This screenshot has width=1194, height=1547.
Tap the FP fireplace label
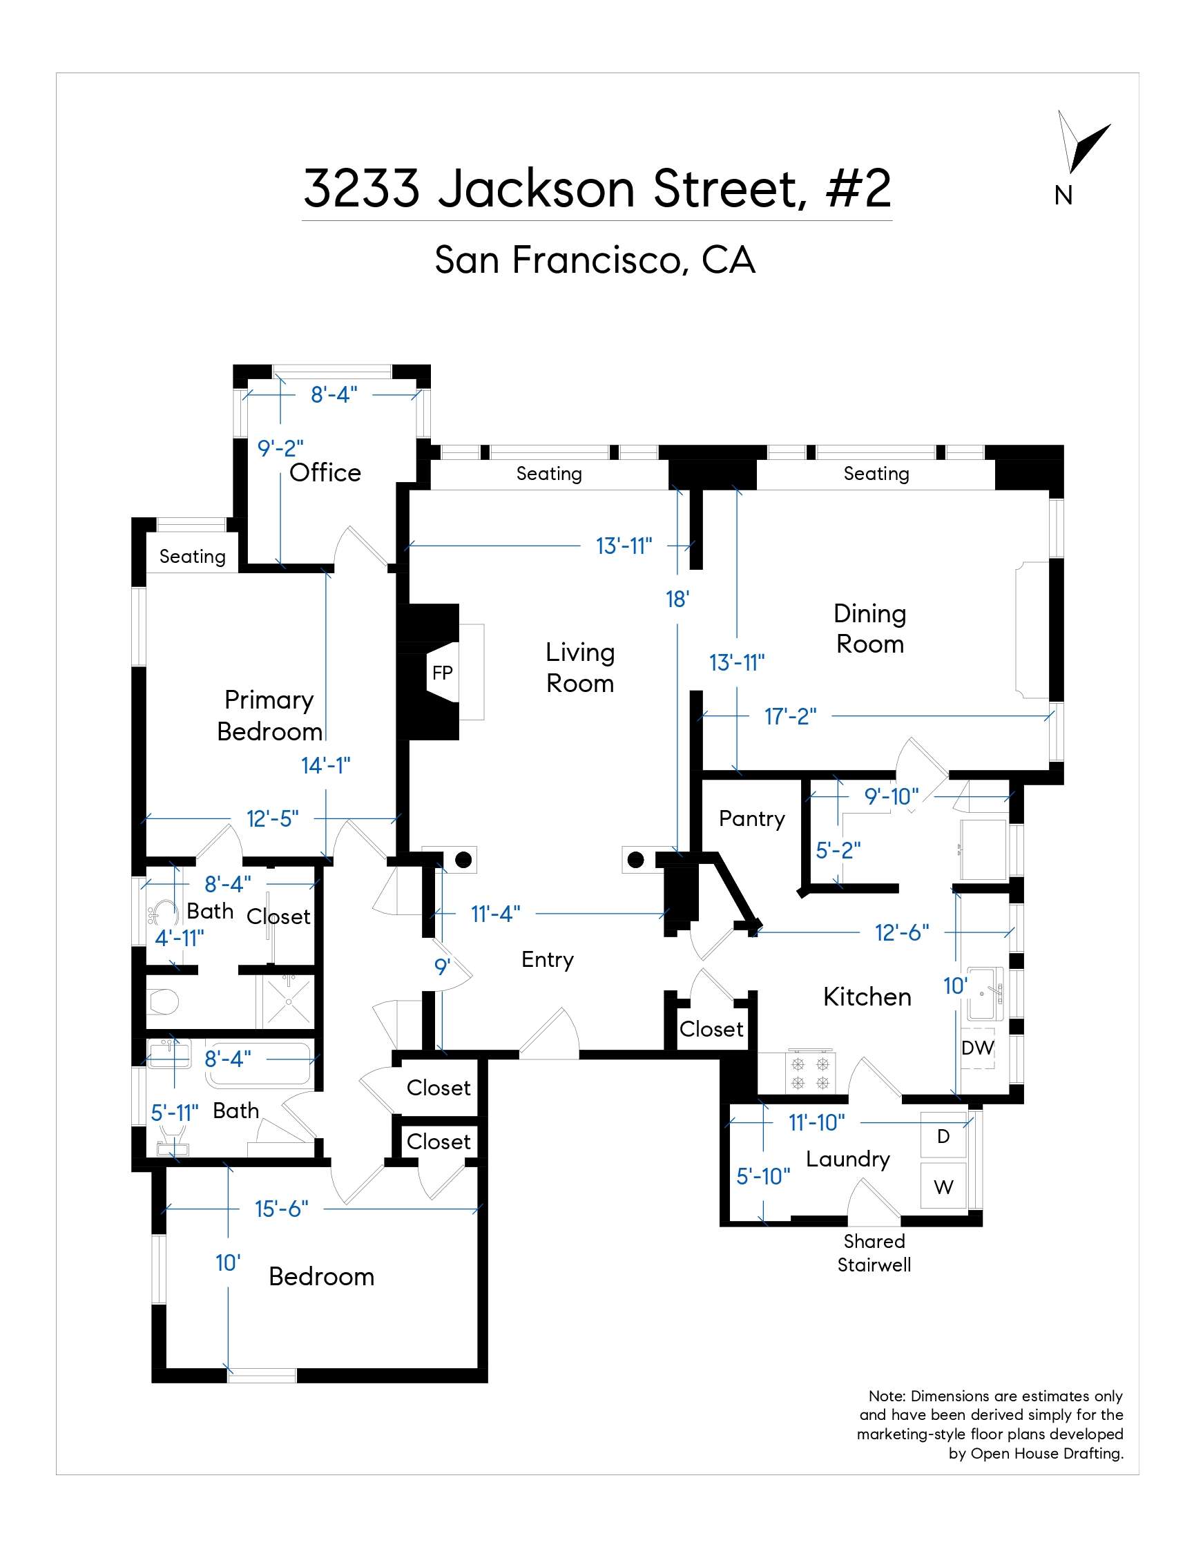442,672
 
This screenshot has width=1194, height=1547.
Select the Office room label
325,472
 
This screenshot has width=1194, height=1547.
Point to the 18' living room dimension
677,599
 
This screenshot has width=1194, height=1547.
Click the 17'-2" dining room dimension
790,716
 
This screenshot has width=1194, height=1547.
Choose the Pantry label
751,819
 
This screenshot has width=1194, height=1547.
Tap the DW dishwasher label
978,1048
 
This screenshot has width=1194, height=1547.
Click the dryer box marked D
943,1136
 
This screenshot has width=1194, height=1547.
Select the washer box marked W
943,1186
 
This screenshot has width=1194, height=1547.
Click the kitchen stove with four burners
810,1073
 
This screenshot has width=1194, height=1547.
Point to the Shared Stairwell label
874,1252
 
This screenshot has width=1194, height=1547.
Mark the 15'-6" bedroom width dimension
282,1209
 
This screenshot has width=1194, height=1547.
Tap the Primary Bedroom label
269,715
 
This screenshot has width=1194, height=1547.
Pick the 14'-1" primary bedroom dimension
326,765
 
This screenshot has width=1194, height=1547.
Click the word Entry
548,959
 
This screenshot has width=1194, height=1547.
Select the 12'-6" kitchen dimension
901,932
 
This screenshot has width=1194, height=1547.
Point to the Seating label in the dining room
876,473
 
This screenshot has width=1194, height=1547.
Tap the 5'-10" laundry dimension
762,1176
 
